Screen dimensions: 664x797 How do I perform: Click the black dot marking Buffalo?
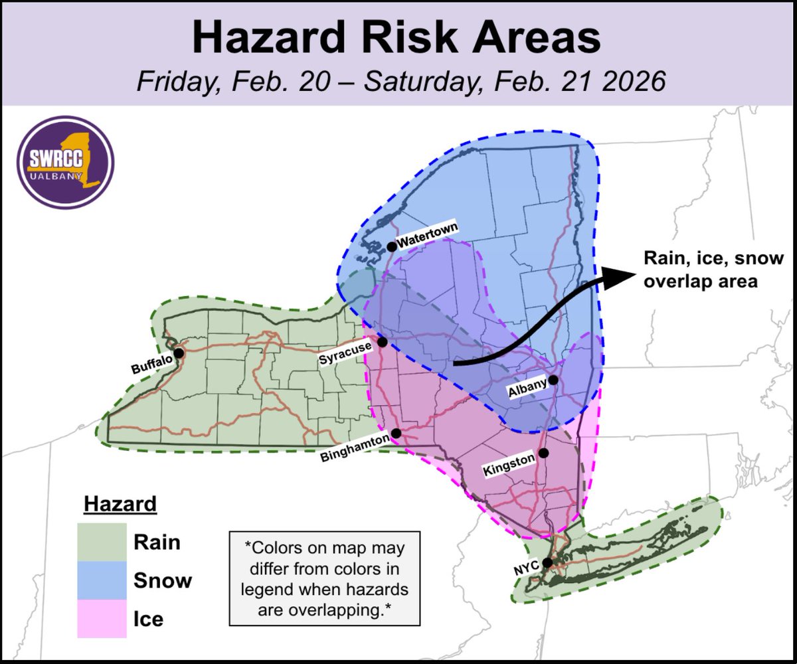point(178,353)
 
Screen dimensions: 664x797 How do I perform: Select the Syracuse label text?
point(346,358)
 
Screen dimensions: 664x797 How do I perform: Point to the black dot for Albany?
point(553,380)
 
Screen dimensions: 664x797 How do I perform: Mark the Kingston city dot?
point(543,453)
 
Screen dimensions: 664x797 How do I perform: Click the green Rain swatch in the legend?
point(102,542)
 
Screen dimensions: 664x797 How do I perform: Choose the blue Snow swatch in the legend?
point(102,580)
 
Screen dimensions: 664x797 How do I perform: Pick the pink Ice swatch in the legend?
point(102,619)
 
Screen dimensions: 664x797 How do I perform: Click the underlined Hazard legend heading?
point(120,505)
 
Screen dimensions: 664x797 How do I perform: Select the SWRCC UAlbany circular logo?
point(65,162)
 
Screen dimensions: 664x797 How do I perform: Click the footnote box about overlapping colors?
point(324,578)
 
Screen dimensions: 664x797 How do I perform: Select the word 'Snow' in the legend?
point(163,580)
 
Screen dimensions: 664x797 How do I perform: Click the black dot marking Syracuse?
point(383,341)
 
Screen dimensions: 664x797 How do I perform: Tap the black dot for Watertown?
point(392,246)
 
